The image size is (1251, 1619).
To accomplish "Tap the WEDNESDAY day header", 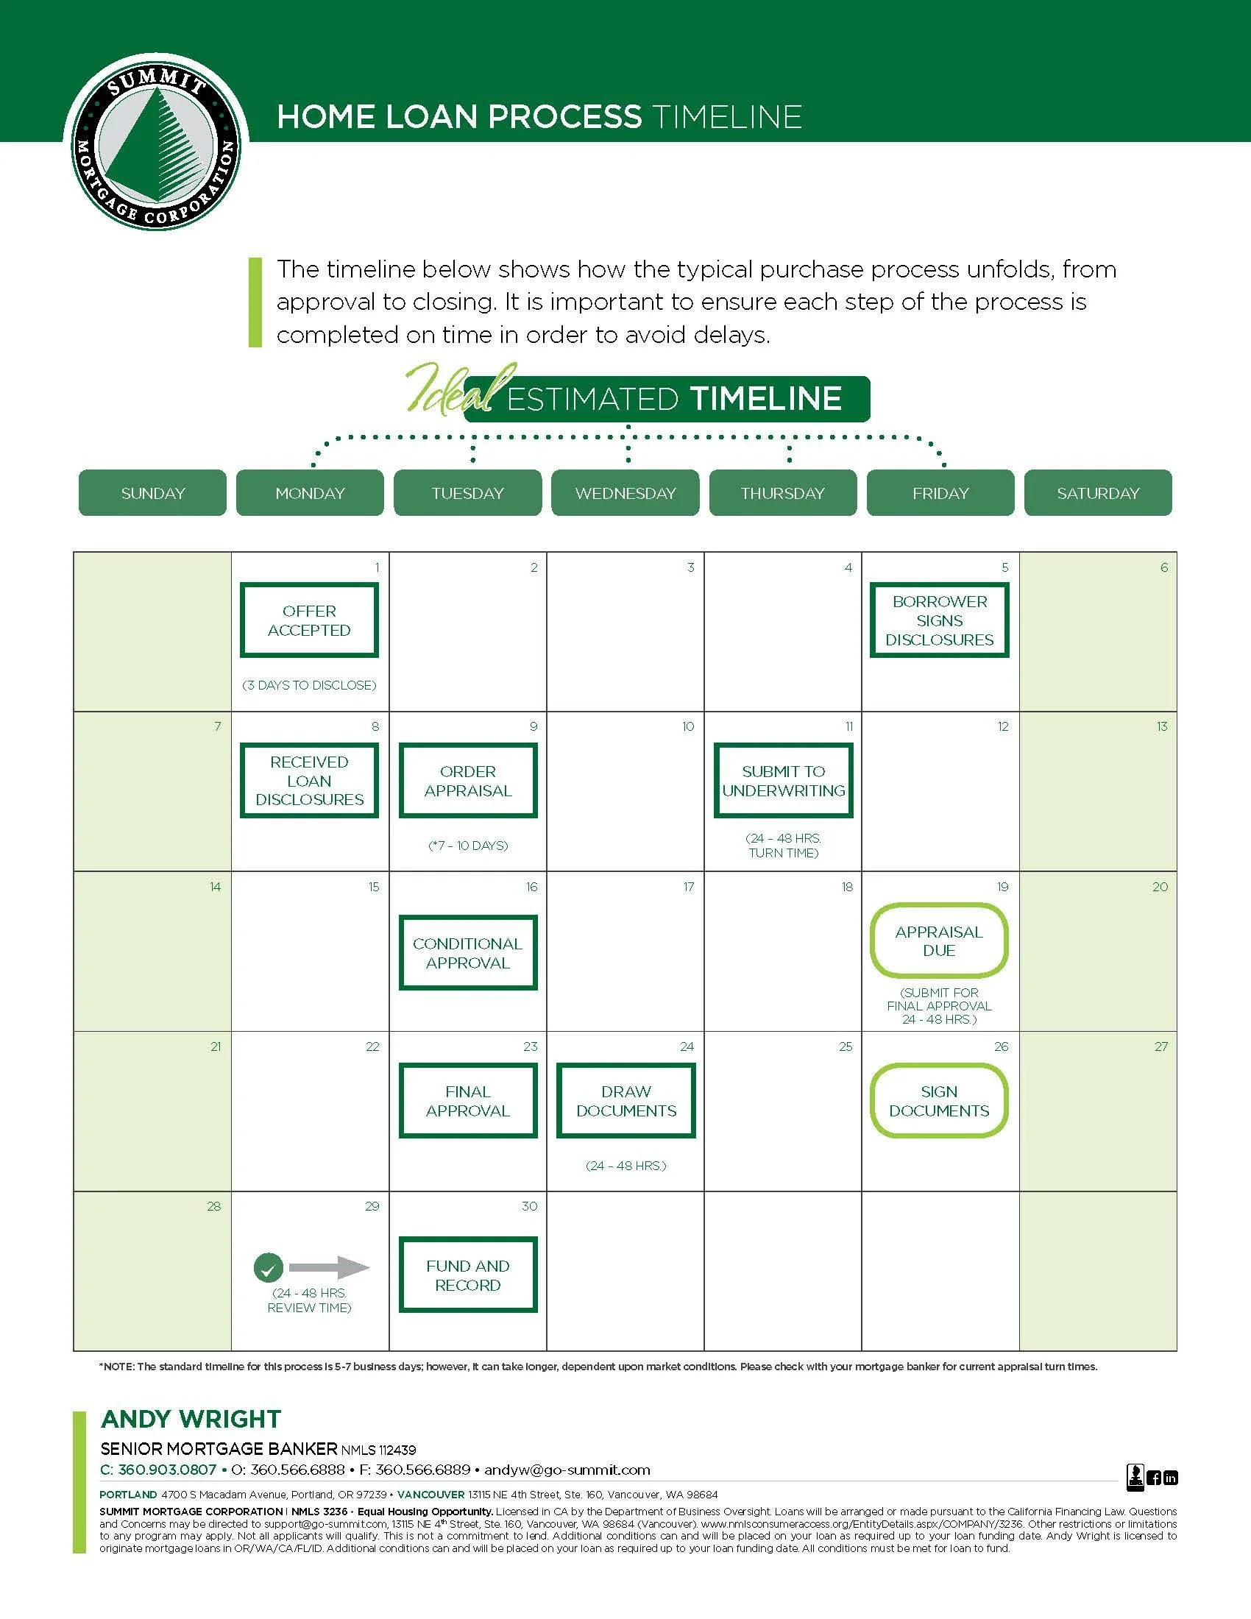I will click(625, 493).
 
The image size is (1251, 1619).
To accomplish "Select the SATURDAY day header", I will click(1098, 493).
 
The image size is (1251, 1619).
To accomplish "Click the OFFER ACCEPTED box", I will click(309, 620).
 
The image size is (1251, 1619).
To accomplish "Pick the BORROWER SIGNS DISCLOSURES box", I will click(939, 620).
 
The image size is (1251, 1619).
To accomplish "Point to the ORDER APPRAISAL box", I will click(467, 781).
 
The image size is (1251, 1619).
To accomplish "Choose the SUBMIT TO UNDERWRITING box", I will click(784, 781).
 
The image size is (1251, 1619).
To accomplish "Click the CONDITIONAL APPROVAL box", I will click(467, 953).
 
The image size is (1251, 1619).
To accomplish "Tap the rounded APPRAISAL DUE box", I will click(939, 940).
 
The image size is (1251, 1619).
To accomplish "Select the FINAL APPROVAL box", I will click(467, 1101).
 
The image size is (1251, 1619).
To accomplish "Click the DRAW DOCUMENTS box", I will click(626, 1101).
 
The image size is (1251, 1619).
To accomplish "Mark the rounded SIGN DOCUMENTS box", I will click(939, 1101).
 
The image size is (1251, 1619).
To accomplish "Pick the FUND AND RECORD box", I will click(467, 1275).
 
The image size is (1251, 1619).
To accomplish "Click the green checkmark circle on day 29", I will click(269, 1269).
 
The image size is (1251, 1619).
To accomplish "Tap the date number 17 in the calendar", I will click(689, 887).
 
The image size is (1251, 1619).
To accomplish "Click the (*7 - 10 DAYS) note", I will click(467, 846).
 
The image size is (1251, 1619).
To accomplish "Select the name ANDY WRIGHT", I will click(191, 1419).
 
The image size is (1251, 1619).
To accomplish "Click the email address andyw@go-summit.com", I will click(567, 1470).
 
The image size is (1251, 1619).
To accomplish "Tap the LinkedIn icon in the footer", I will click(1170, 1478).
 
